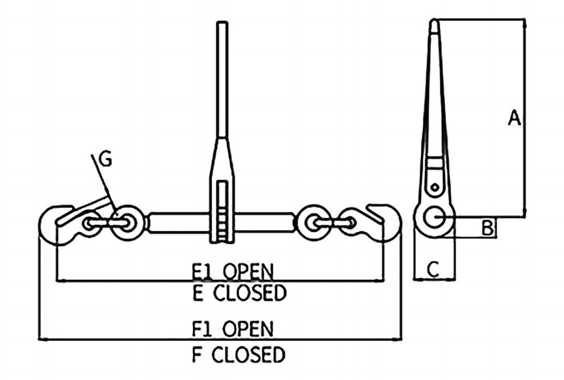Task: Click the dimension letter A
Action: pos(515,118)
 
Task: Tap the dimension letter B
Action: pos(488,227)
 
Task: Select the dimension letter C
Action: pos(433,268)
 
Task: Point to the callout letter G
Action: pos(105,158)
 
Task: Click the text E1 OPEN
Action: pos(233,272)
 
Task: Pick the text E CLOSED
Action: pos(240,293)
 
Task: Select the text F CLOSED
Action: pos(239,355)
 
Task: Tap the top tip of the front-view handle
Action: pos(222,22)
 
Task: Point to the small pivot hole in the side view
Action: pos(435,187)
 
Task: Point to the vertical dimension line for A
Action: pos(525,118)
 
